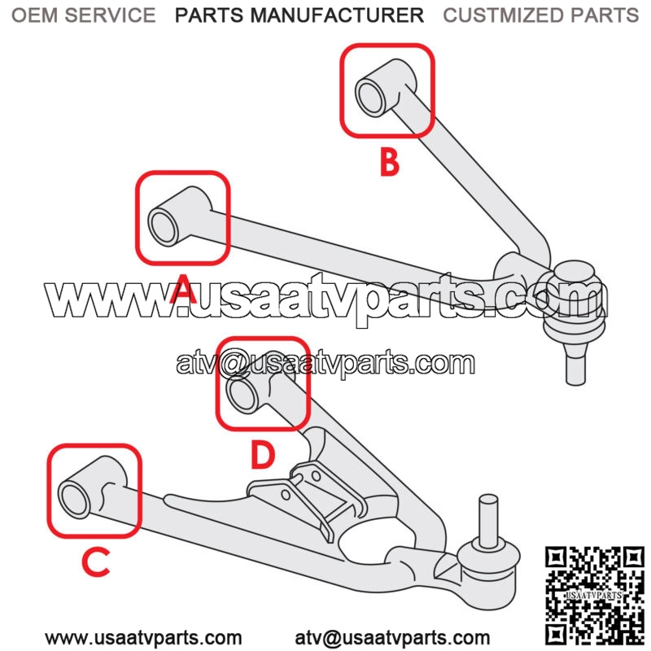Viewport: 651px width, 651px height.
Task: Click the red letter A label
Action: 183,289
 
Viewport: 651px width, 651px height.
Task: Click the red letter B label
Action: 390,163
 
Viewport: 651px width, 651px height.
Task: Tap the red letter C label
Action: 96,562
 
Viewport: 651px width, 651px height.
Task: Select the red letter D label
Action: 263,456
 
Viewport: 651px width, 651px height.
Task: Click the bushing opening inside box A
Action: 164,227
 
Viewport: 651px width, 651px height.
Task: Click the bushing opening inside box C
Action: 75,500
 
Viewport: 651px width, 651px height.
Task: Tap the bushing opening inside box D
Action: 242,395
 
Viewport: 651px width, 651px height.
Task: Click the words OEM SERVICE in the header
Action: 84,15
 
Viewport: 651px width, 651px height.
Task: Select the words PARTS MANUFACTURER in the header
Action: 299,15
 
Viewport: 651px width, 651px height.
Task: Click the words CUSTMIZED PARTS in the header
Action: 541,15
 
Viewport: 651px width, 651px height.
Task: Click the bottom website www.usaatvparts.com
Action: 143,638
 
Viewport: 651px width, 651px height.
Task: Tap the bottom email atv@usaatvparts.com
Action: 392,638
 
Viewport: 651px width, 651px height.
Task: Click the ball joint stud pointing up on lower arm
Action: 488,521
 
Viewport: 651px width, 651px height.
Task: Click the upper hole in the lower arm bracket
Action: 316,475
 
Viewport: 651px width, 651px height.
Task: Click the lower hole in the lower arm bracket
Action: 286,495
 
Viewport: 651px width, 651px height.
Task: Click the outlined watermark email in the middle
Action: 325,363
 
